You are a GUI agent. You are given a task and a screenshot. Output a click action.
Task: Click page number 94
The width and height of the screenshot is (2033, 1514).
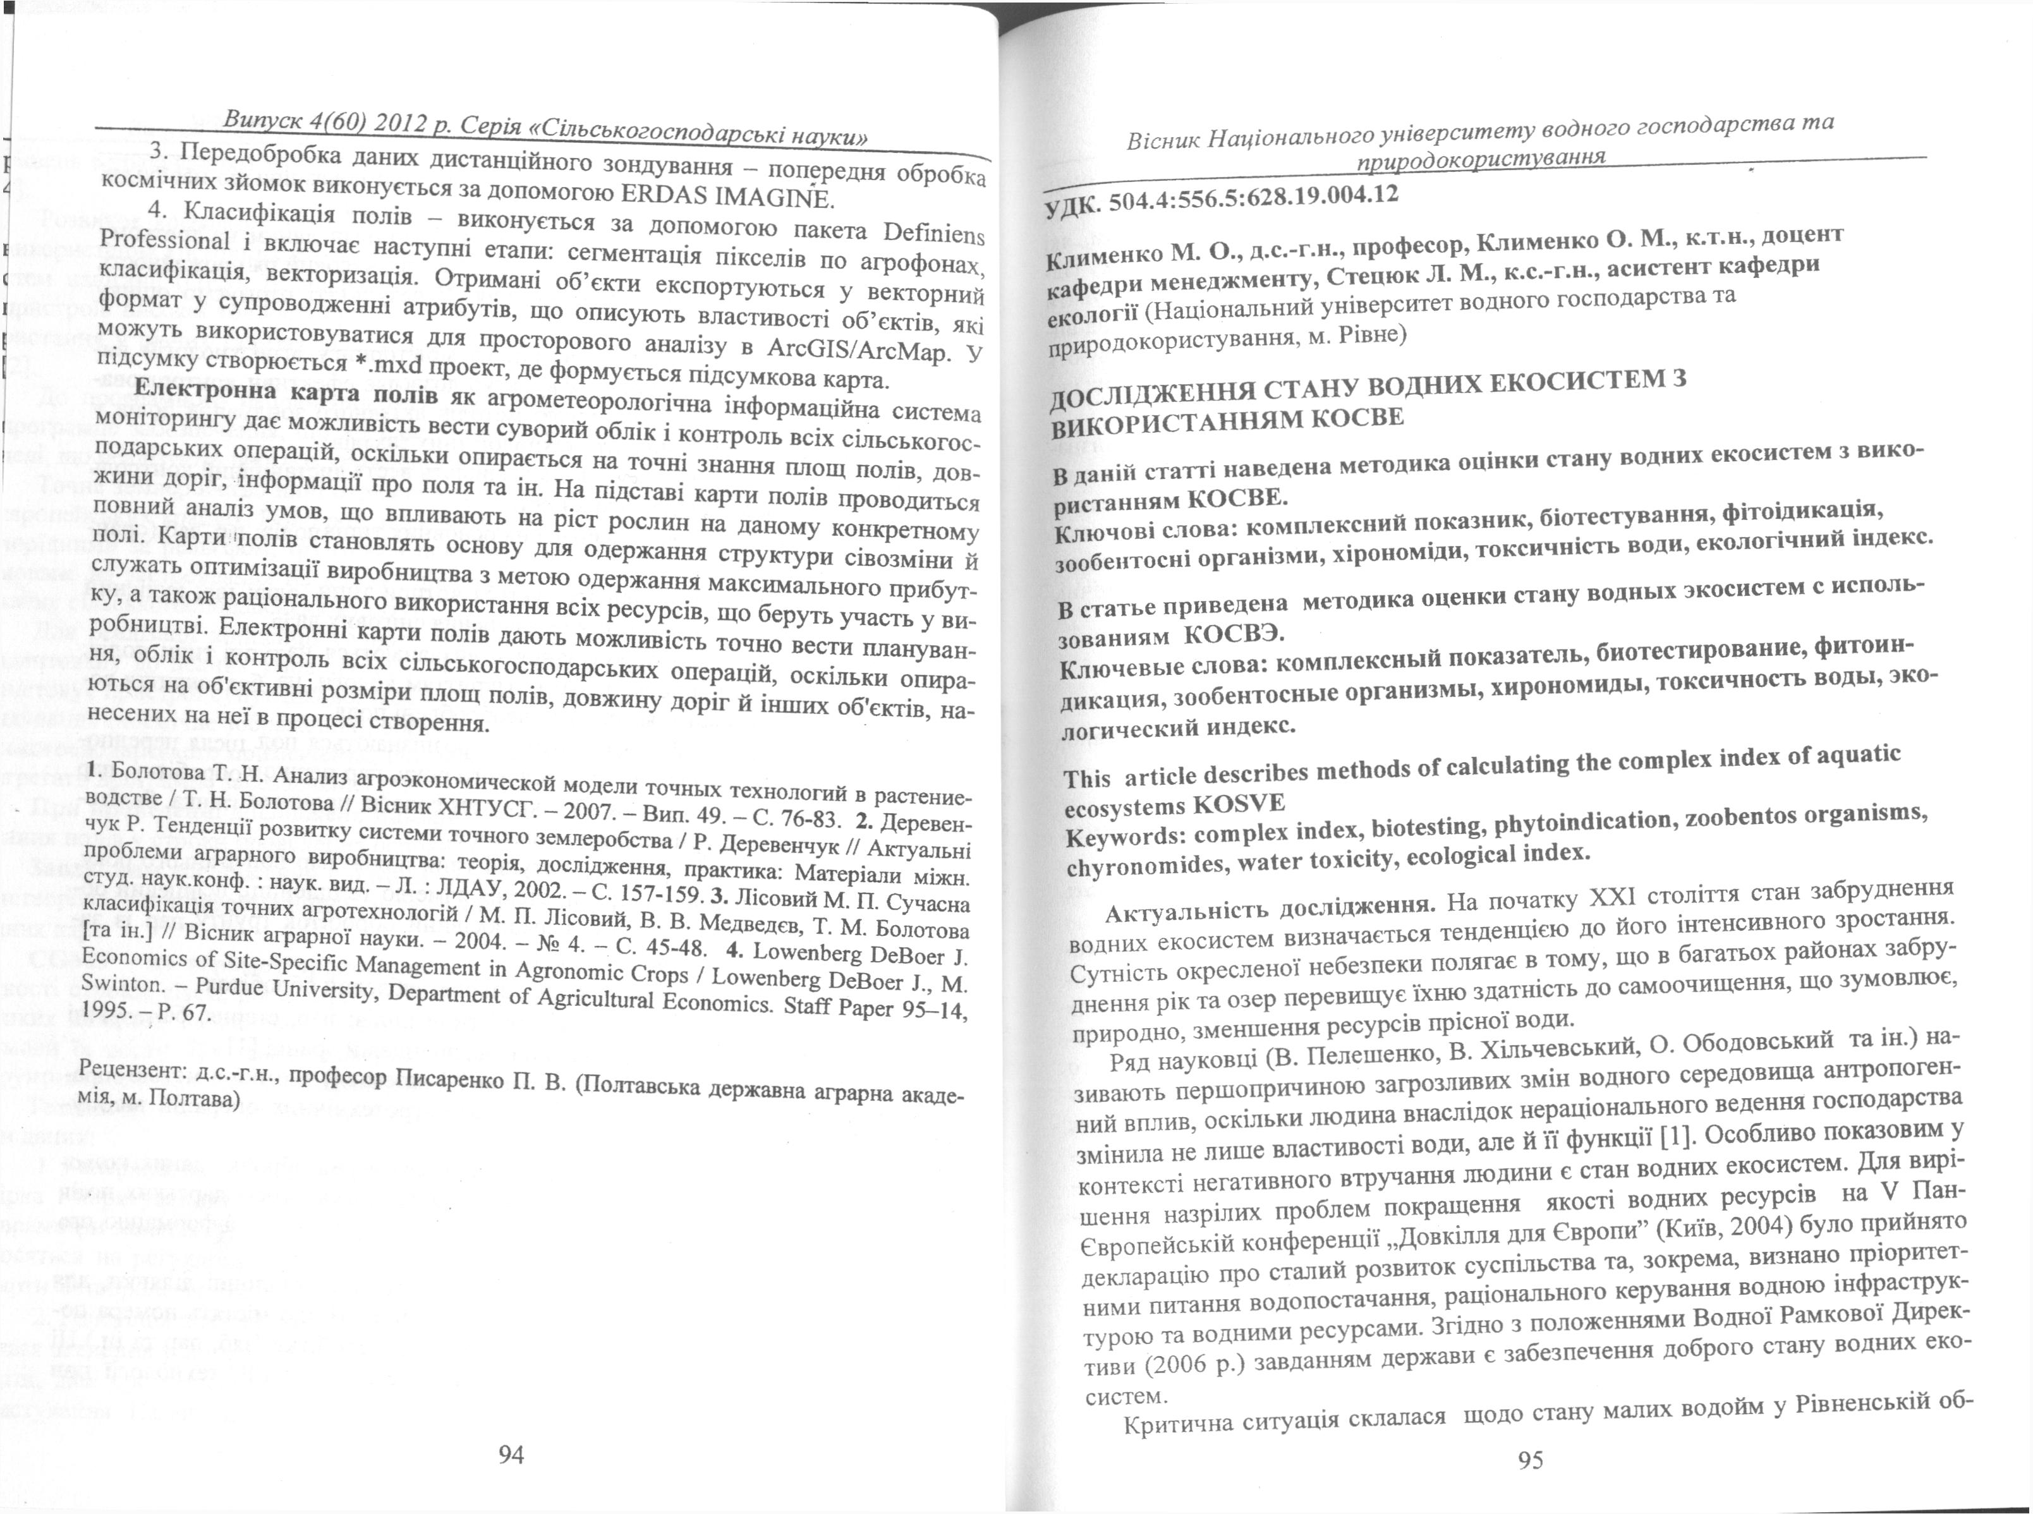[x=511, y=1453]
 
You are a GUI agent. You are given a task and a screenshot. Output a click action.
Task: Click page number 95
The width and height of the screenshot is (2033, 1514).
[x=1531, y=1459]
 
